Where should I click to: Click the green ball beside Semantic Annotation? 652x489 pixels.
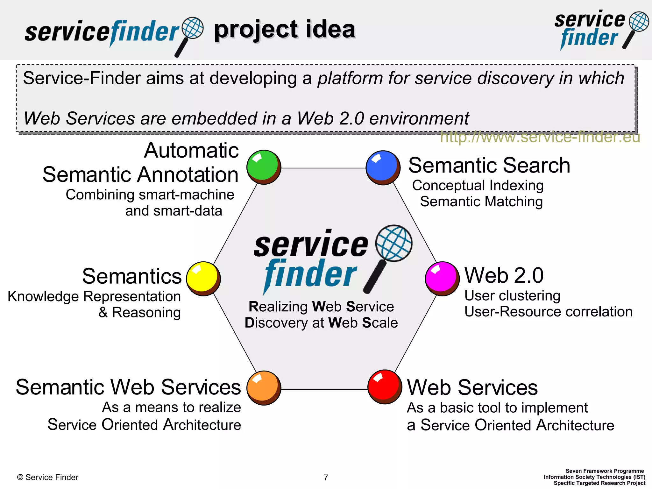click(264, 167)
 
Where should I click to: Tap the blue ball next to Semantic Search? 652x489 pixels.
click(383, 167)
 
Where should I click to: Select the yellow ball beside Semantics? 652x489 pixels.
click(203, 279)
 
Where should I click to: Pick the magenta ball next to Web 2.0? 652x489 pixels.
click(442, 279)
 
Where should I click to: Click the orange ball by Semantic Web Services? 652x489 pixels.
click(264, 388)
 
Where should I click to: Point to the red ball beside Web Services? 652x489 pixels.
click(385, 387)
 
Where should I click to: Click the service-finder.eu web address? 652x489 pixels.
click(540, 138)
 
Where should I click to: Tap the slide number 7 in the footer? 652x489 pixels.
click(326, 477)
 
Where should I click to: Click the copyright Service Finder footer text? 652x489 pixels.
click(48, 477)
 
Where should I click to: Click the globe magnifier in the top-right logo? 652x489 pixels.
click(639, 22)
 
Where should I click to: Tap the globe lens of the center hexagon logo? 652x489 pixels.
click(394, 243)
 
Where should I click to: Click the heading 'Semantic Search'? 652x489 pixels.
click(489, 166)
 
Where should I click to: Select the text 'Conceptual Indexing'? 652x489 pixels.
click(478, 186)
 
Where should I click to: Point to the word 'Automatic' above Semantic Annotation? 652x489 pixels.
click(191, 150)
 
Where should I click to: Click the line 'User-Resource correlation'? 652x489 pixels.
click(548, 312)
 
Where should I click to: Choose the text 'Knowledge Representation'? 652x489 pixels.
click(94, 296)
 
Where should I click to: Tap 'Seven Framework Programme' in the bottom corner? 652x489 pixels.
click(604, 471)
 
